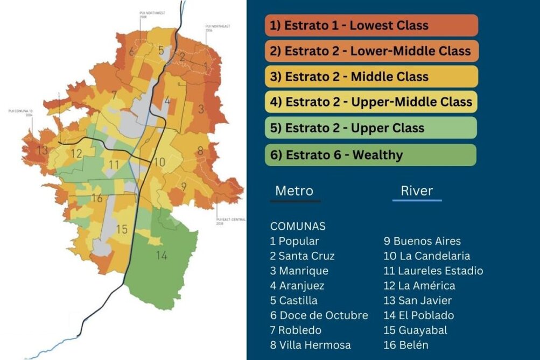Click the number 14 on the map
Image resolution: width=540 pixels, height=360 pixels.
pyautogui.click(x=162, y=256)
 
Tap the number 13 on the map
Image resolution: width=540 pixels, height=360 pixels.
pyautogui.click(x=42, y=151)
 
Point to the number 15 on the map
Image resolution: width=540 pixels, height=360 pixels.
pyautogui.click(x=122, y=229)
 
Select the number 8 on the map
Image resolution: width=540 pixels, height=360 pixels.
pyautogui.click(x=200, y=151)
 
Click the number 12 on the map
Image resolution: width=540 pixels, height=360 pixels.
pyautogui.click(x=76, y=154)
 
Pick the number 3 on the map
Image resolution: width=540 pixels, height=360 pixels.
pyautogui.click(x=201, y=109)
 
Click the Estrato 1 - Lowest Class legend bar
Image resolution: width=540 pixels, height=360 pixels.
pyautogui.click(x=371, y=25)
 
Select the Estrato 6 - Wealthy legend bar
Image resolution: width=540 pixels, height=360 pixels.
pyautogui.click(x=370, y=155)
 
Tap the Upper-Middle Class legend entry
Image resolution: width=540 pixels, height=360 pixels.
pyautogui.click(x=371, y=102)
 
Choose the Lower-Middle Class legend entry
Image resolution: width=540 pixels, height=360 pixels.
pyautogui.click(x=371, y=51)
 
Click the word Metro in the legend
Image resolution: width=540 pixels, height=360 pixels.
pyautogui.click(x=294, y=190)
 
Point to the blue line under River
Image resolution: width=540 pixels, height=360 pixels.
pyautogui.click(x=417, y=200)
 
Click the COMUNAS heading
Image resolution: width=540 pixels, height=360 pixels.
pyautogui.click(x=298, y=226)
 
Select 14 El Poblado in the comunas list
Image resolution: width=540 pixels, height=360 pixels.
pyautogui.click(x=418, y=315)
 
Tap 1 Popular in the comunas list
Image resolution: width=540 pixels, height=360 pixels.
pyautogui.click(x=294, y=242)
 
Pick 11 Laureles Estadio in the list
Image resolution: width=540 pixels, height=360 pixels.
pyautogui.click(x=433, y=271)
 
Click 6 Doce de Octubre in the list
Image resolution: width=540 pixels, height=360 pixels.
pyautogui.click(x=319, y=315)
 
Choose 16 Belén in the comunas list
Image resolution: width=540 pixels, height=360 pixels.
pyautogui.click(x=406, y=345)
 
